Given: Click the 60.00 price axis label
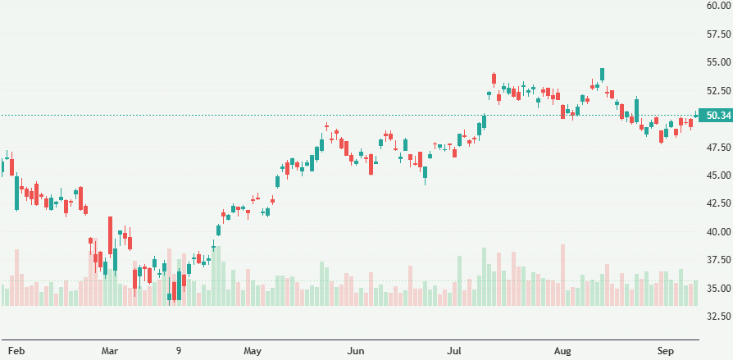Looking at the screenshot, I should coord(717,6).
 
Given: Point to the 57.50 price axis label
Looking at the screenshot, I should coord(717,34).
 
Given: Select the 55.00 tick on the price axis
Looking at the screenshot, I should coord(717,62).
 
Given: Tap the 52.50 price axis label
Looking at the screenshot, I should coord(717,91).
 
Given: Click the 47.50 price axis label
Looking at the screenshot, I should coord(717,148).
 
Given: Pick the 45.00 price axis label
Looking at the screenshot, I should coord(717,175).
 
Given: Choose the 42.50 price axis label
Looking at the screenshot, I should coord(717,203).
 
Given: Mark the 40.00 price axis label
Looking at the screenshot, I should coord(717,232).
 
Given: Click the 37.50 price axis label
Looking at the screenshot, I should coord(717,260).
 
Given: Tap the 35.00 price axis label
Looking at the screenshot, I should coord(717,289).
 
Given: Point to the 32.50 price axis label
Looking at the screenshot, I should coord(717,317).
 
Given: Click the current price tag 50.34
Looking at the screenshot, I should coord(717,116).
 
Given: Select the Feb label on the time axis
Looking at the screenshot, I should coord(16,351).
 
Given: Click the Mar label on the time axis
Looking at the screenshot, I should coord(110,351).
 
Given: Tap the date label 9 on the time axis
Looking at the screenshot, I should coord(179,351).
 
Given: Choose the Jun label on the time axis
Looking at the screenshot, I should coord(356,351).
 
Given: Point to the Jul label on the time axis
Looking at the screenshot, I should coord(456,351).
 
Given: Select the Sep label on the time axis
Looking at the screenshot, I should coord(666,351).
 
